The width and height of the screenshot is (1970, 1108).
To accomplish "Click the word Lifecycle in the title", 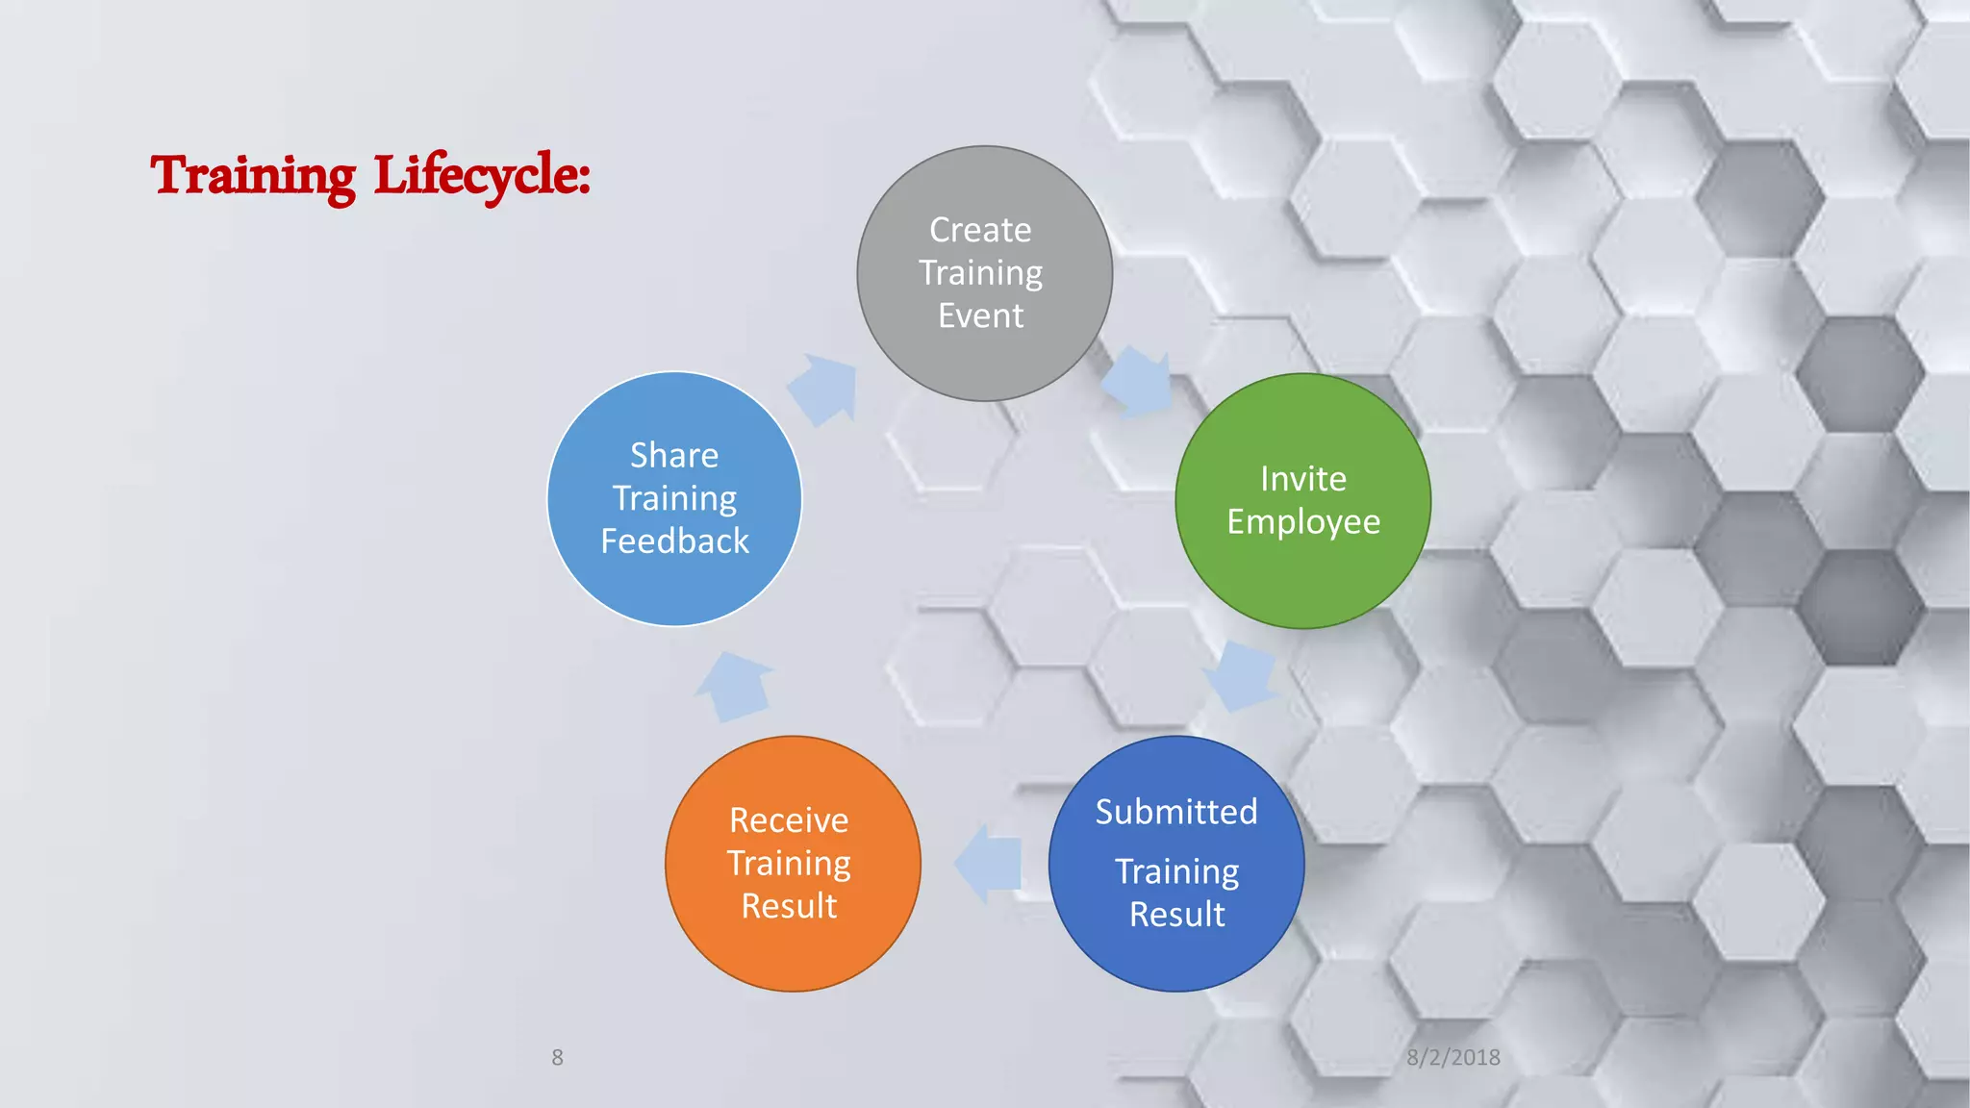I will (481, 176).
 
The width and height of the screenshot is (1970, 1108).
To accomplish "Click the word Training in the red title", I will (253, 176).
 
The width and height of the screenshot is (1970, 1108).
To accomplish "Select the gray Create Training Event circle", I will (984, 273).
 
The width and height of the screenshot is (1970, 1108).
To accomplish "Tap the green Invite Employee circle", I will (1302, 500).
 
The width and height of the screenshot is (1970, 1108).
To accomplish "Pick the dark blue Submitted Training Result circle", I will (1175, 864).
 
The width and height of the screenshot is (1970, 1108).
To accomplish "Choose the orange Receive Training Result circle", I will (792, 864).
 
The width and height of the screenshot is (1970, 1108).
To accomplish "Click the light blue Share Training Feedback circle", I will (674, 498).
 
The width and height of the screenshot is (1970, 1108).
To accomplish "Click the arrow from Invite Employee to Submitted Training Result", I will (1242, 675).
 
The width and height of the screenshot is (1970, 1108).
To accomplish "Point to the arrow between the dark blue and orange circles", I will (988, 863).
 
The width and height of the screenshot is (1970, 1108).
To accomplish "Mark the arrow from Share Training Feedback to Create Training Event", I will (823, 389).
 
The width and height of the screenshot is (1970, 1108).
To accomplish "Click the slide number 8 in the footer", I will (557, 1057).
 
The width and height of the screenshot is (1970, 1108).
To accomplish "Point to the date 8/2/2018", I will (1452, 1057).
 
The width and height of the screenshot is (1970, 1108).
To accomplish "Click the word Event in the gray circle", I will (980, 315).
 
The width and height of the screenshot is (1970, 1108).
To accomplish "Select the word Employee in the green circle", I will (1303, 521).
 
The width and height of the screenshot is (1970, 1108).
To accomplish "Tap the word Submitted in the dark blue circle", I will (1176, 812).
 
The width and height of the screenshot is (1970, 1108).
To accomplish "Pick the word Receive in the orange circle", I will (789, 820).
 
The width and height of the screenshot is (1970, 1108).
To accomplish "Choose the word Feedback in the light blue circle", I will (674, 541).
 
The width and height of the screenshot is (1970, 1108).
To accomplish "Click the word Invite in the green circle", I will (1303, 479).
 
